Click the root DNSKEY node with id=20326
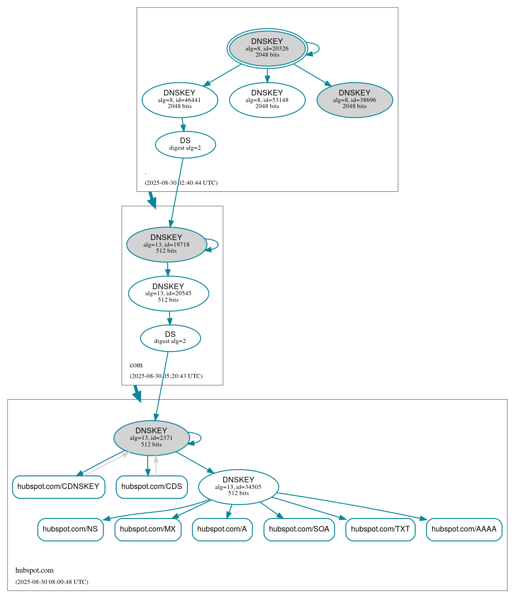coord(267,48)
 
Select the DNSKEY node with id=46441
coord(179,100)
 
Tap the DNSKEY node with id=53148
coord(267,100)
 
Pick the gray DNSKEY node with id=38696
coord(355,100)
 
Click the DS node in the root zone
coord(185,144)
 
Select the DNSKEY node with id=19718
coord(166,244)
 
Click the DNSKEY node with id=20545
coord(168,293)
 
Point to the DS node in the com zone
coord(170,338)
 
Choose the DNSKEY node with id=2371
coord(151,438)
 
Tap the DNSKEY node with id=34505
coord(239,487)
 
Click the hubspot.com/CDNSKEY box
coord(59,487)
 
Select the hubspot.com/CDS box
coord(152,487)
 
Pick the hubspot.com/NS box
coord(70,529)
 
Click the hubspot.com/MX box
coord(148,529)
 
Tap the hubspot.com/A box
coord(222,529)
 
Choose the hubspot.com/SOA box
coord(299,529)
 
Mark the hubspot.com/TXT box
coord(380,529)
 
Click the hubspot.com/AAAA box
coord(464,529)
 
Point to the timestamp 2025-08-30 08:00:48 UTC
coord(52,582)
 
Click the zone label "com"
coord(136,365)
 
